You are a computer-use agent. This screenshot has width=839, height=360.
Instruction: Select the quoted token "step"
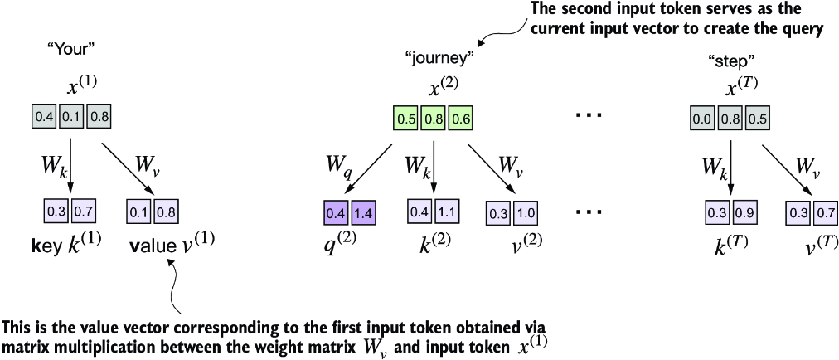[x=724, y=61]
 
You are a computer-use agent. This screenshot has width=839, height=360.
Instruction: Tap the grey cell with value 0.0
[x=701, y=118]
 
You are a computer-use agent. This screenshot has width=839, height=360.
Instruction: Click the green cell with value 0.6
[x=461, y=119]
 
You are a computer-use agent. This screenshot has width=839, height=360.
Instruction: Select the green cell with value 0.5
[x=406, y=119]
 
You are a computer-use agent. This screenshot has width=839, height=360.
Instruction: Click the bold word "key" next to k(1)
[x=43, y=246]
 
